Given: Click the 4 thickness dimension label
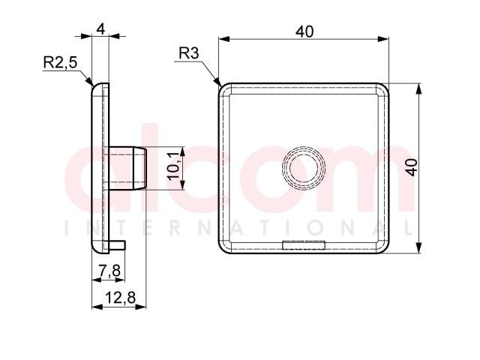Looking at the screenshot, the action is pos(100,29).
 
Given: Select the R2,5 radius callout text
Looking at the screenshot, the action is pos(60,63).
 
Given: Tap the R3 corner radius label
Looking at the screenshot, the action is pos(189,53).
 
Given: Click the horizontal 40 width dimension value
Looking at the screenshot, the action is pos(304,31).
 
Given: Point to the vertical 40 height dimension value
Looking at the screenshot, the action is pos(412,167).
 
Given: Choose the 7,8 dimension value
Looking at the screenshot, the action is pos(110,271).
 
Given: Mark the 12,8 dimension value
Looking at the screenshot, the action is pos(120,298).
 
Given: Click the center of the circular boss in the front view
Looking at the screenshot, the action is pos(304,168).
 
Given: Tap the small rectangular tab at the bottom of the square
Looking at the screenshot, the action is pos(304,245).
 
